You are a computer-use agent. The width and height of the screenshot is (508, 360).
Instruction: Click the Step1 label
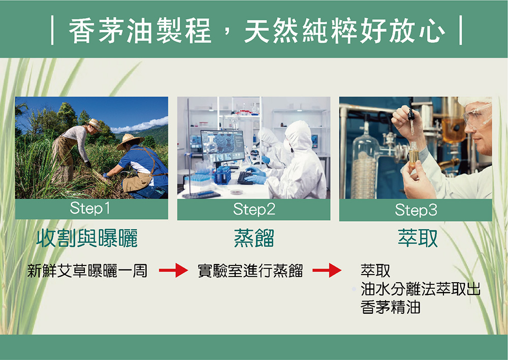pos(90,208)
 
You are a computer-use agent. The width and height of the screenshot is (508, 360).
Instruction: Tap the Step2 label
pos(254,209)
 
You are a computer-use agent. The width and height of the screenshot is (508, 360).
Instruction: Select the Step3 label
pos(416,210)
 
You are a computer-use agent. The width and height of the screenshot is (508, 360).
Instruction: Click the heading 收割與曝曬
pos(87,238)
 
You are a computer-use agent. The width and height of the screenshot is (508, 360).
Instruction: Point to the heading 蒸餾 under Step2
pos(254,238)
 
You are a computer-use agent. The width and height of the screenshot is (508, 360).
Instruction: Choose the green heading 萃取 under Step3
pos(418,238)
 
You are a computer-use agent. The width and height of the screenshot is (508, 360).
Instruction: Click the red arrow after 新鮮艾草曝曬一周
pos(173,270)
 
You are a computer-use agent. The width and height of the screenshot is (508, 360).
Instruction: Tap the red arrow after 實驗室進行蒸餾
pos(327,270)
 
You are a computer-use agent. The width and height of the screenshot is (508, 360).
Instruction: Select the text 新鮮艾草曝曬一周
pos(87,271)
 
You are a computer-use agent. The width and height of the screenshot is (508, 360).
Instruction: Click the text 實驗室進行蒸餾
pos(250,271)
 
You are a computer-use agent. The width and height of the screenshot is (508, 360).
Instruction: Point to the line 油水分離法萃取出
pos(420,289)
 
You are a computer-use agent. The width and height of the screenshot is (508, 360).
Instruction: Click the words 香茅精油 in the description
pos(390,307)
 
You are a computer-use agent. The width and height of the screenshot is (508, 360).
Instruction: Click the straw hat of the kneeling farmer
pos(130,141)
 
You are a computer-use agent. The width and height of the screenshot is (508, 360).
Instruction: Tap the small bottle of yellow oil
pos(413,155)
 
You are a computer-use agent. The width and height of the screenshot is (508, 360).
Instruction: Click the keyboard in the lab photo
pos(245,178)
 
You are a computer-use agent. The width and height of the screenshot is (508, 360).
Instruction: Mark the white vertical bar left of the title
pos(52,31)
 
